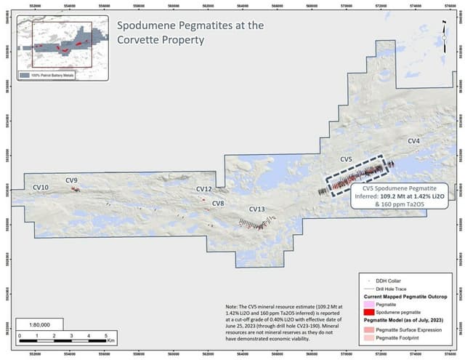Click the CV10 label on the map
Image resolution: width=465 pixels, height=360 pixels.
pyautogui.click(x=41, y=188)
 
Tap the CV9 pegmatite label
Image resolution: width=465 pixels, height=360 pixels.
pyautogui.click(x=72, y=180)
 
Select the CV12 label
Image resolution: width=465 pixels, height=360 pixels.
pyautogui.click(x=204, y=189)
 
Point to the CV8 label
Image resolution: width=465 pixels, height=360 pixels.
pyautogui.click(x=218, y=204)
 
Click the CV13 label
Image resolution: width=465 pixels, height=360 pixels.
pyautogui.click(x=257, y=209)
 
